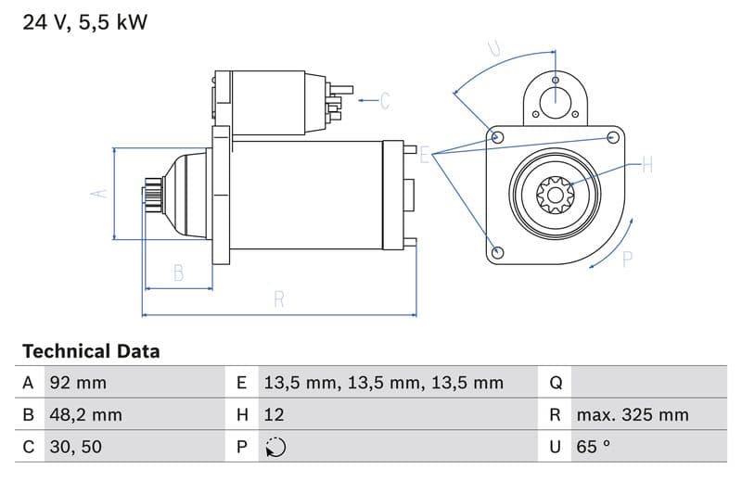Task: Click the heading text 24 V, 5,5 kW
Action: point(84,22)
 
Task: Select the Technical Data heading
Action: point(91,351)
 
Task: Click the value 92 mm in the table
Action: point(78,383)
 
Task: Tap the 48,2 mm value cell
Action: point(85,415)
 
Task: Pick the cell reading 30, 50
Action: point(75,447)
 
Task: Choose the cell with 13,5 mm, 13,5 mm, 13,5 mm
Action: point(383,383)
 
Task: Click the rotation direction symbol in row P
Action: point(275,448)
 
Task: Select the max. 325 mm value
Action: point(632,415)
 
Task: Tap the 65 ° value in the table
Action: point(593,447)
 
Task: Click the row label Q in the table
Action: point(556,383)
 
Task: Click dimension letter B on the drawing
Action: point(178,272)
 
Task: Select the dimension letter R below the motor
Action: point(279,299)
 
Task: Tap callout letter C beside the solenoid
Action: point(385,100)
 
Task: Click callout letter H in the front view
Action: point(646,166)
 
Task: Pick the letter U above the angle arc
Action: point(494,48)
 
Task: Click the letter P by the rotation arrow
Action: point(627,260)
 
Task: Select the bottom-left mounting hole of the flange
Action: point(497,252)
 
